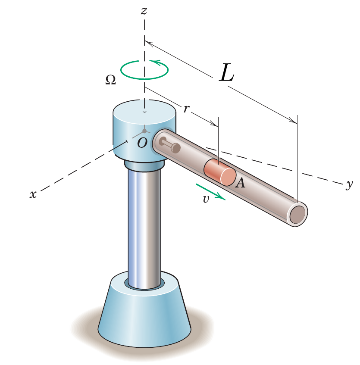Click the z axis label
[144, 11]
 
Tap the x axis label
[33, 194]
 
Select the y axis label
[350, 184]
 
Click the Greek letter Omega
[110, 80]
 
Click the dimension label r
[186, 109]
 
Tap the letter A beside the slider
[240, 183]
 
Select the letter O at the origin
[142, 143]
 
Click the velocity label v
[206, 199]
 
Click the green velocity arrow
[211, 192]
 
